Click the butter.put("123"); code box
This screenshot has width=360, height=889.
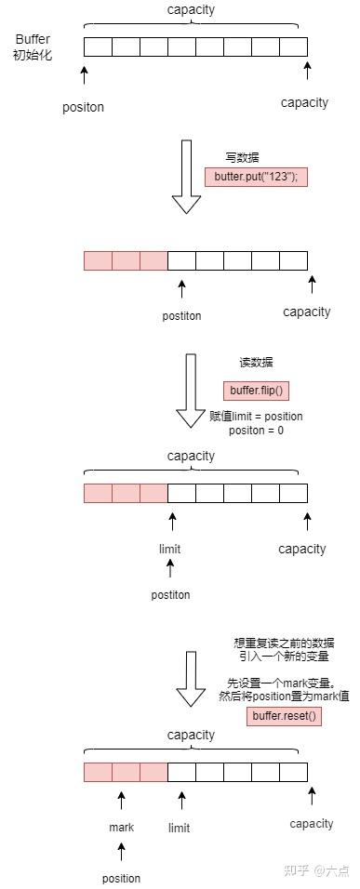256,177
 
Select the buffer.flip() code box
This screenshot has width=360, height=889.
255,391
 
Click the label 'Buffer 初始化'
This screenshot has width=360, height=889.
33,46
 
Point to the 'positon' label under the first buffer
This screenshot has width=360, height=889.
83,107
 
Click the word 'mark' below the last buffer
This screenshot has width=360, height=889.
121,827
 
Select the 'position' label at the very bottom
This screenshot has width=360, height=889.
121,878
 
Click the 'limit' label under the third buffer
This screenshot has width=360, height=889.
169,549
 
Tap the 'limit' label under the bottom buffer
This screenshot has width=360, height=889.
179,827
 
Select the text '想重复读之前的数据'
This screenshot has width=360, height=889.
283,643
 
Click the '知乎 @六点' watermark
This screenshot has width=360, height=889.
315,870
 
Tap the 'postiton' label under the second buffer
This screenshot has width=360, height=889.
181,315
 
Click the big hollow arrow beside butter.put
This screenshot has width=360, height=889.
187,177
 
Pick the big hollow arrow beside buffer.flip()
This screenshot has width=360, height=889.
191,391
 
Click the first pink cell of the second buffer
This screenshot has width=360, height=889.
98,260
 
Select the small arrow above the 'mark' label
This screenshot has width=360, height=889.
121,800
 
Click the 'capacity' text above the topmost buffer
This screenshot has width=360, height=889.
191,10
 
